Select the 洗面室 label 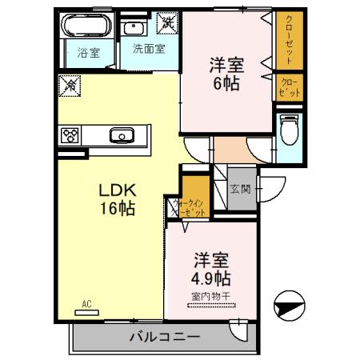click(148, 49)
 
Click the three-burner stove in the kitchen click(69, 134)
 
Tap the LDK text click(116, 191)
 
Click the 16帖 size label click(117, 209)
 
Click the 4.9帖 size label click(212, 279)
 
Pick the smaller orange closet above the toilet click(289, 87)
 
